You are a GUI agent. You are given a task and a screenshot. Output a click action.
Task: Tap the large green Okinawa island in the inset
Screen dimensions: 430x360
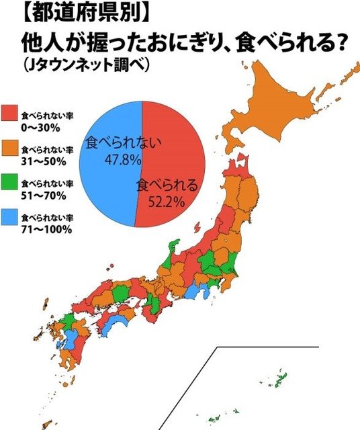(x=280, y=380)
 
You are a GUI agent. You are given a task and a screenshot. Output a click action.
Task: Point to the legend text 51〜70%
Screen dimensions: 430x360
(x=44, y=195)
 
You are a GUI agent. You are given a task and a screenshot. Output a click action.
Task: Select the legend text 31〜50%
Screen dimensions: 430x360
(x=44, y=159)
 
